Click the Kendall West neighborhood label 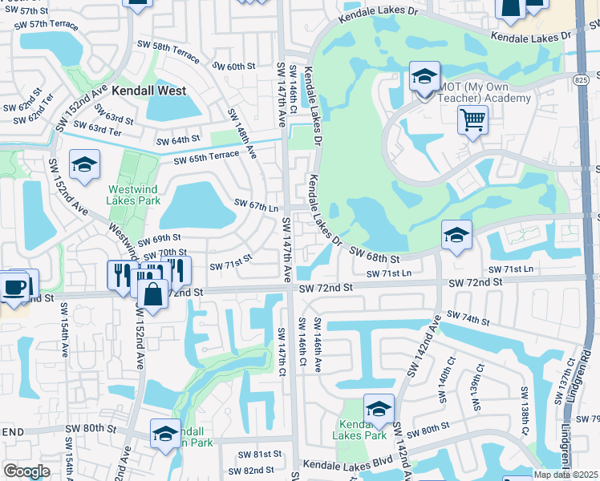[x=149, y=91]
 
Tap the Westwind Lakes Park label [x=138, y=197]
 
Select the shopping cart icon [x=473, y=120]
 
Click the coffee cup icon [x=15, y=286]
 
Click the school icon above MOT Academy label [x=424, y=77]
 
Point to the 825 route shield [x=582, y=80]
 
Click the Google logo [x=27, y=471]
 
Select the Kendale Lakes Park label [x=363, y=429]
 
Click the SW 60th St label [x=234, y=66]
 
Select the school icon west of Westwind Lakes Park [x=84, y=165]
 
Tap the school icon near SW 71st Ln [x=456, y=235]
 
